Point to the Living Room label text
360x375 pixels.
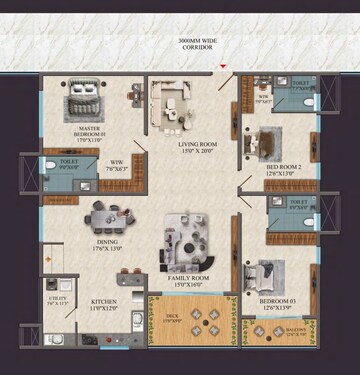tap(198, 148)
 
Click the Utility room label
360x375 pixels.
tap(56, 299)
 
